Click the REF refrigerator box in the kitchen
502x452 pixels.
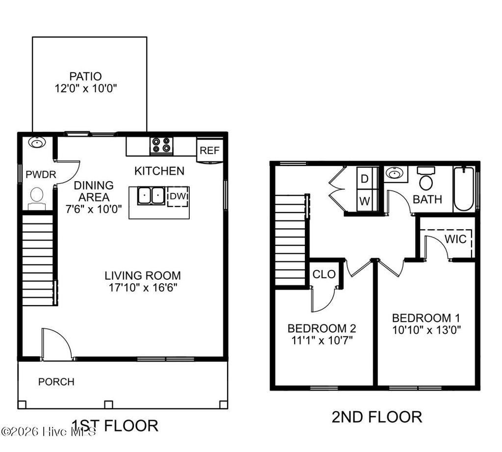pos(209,151)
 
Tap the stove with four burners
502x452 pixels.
pos(162,145)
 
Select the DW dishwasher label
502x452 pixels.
pos(177,196)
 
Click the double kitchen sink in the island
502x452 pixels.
pos(151,196)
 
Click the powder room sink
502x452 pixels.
pos(37,142)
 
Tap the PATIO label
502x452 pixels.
pos(86,77)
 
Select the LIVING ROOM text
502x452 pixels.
pos(142,275)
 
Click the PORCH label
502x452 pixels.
pos(56,381)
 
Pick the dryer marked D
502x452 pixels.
pos(365,178)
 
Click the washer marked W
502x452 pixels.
pos(365,201)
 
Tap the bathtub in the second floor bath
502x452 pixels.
pos(464,188)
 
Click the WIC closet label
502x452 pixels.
pos(455,239)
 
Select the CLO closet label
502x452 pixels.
pos(324,274)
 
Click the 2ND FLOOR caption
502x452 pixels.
pos(376,417)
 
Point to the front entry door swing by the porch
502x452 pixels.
pos(56,344)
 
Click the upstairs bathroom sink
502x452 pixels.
pos(395,173)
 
